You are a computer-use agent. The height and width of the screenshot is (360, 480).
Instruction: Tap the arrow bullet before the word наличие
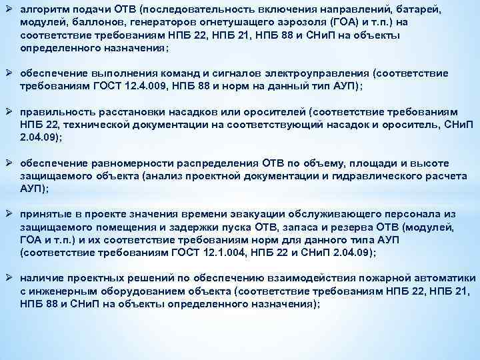click(x=9, y=277)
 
